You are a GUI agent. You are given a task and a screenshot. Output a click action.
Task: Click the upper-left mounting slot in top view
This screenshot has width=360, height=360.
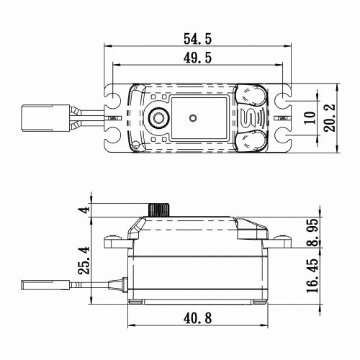114,96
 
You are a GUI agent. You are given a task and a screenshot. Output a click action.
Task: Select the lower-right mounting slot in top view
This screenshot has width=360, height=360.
287,138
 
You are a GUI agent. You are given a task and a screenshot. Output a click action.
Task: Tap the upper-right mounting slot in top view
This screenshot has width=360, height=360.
287,96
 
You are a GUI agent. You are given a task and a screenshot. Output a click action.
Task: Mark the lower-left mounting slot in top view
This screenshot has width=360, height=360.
114,138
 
